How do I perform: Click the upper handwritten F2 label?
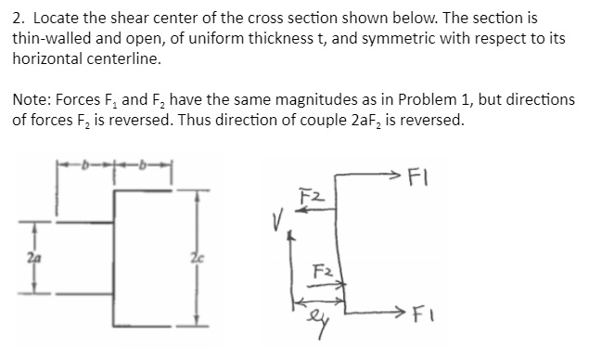[x=312, y=195]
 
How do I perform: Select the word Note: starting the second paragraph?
[x=32, y=99]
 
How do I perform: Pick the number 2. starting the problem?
[x=18, y=19]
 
